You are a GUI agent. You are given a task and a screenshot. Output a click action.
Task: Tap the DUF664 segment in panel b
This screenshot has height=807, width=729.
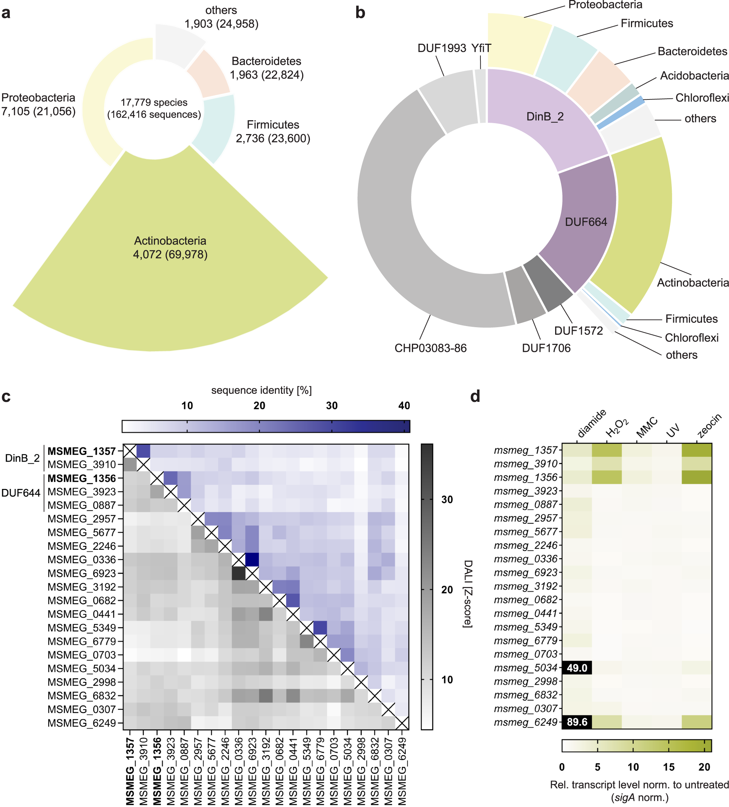(586, 222)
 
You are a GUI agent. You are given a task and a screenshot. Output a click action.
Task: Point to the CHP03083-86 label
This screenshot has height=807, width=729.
(430, 348)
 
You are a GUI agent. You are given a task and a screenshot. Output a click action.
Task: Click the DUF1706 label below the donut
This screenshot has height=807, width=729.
(546, 348)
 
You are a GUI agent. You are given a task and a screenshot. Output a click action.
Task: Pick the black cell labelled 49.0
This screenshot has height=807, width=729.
(577, 668)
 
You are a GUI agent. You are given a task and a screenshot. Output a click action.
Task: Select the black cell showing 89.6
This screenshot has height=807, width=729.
(577, 722)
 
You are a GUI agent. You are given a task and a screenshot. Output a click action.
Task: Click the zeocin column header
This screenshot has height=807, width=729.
(709, 426)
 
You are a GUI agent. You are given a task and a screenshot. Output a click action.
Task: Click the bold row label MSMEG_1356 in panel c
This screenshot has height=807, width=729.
(82, 478)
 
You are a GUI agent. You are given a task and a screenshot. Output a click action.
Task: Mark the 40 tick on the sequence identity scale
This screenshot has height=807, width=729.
(404, 406)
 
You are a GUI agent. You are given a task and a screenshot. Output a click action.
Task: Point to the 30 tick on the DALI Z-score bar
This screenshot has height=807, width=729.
(447, 500)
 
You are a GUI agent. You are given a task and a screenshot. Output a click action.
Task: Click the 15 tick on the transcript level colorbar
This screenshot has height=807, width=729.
(668, 767)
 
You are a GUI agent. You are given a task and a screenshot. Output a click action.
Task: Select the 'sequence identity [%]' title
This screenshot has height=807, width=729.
(261, 390)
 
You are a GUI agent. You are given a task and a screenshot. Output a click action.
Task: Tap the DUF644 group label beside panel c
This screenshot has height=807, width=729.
(21, 493)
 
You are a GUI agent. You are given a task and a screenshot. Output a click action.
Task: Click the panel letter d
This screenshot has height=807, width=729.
(475, 396)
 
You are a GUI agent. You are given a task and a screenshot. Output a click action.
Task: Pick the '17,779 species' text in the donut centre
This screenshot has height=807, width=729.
(154, 102)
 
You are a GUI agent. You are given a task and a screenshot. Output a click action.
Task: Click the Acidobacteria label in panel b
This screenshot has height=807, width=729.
(694, 76)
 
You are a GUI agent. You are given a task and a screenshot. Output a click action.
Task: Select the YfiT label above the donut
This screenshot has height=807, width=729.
(481, 48)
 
